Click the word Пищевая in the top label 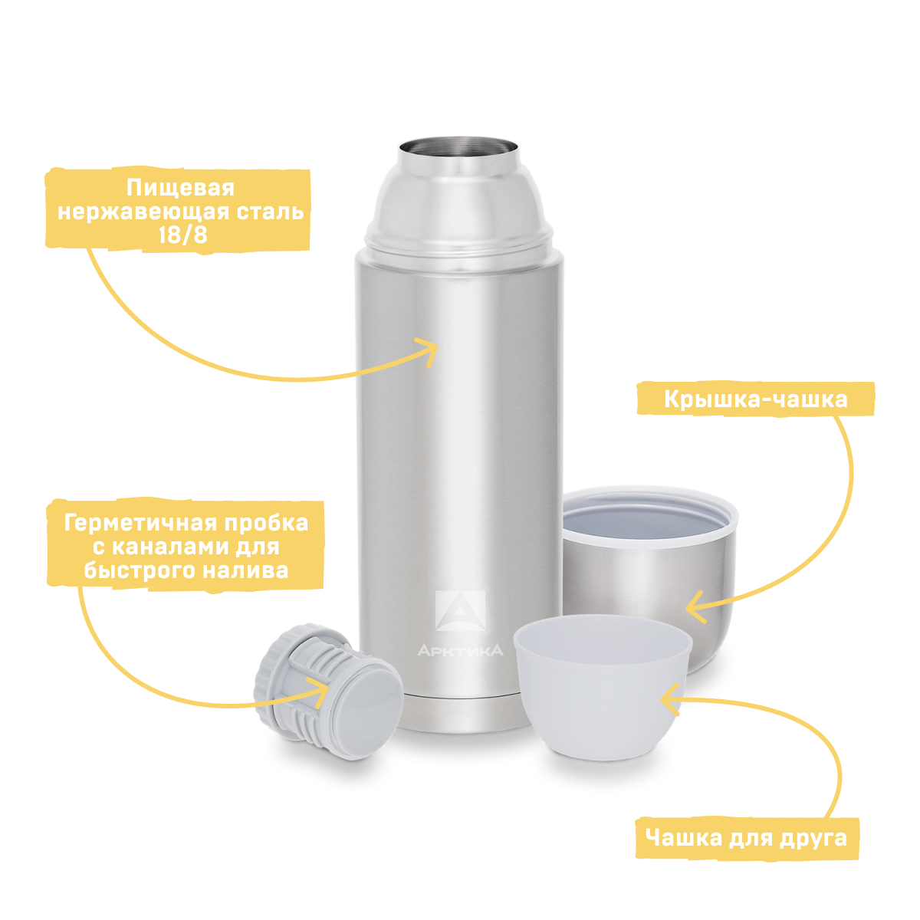click(x=180, y=188)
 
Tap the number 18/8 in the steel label click(x=183, y=235)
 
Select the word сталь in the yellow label click(x=270, y=212)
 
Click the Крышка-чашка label click(x=755, y=399)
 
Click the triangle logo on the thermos click(x=460, y=610)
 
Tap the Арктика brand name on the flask click(x=460, y=650)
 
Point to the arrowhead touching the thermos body click(x=429, y=351)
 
